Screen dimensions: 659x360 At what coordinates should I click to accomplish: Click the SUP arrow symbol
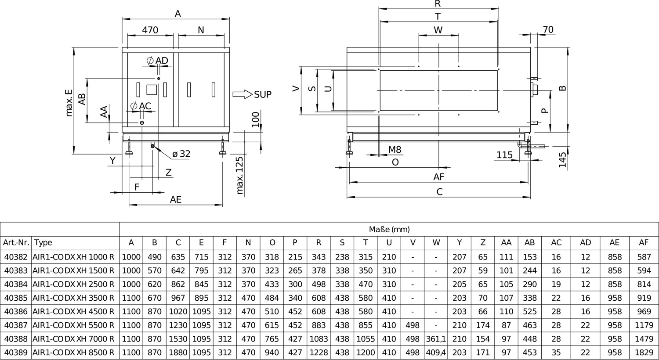[243, 94]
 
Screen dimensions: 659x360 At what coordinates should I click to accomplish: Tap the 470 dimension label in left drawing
[150, 30]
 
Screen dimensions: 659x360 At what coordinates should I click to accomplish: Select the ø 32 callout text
[181, 154]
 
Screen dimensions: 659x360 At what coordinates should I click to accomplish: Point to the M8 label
[395, 150]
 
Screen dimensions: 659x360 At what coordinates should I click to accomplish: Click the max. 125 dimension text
[240, 176]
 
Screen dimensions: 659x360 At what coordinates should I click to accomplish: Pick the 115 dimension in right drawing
[504, 155]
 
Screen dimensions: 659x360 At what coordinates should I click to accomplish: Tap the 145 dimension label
[562, 160]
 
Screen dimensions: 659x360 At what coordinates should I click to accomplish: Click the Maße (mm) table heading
[389, 229]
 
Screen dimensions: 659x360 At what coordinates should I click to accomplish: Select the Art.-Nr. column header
[16, 243]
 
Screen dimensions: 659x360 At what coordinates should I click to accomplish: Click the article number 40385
[16, 298]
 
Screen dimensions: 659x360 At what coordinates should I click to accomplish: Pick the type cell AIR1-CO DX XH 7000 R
[73, 339]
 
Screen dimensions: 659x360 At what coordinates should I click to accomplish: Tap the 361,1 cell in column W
[436, 339]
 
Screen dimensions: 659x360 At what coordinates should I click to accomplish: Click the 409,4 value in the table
[436, 353]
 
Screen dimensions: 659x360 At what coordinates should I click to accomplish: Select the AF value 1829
[644, 353]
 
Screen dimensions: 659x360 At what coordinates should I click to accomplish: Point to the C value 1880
[178, 353]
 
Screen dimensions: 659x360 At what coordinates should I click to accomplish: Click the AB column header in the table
[529, 243]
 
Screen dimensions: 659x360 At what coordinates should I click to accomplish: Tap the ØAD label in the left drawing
[157, 61]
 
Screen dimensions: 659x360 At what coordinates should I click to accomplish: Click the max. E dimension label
[69, 103]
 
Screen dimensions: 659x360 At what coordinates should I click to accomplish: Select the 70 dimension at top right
[548, 30]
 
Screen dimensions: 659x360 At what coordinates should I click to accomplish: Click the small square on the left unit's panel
[152, 90]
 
